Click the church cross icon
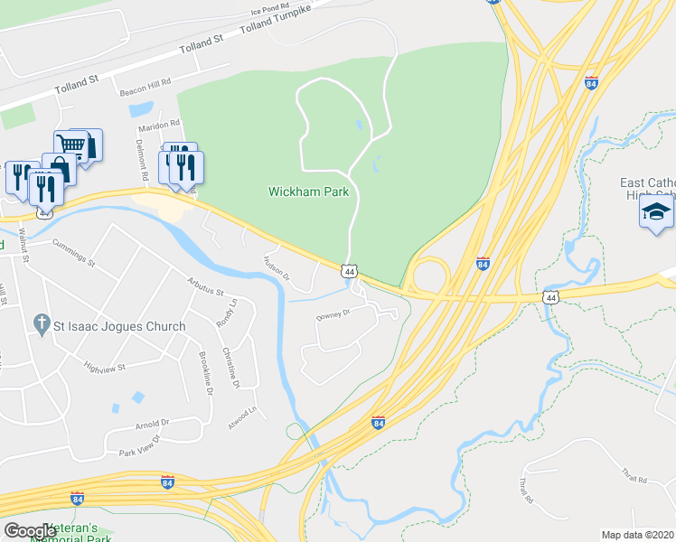pos(41,323)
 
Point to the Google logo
pos(30,530)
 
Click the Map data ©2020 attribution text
pos(638,535)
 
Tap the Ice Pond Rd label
pos(270,14)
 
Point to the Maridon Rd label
pos(161,123)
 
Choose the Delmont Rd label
pos(141,155)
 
